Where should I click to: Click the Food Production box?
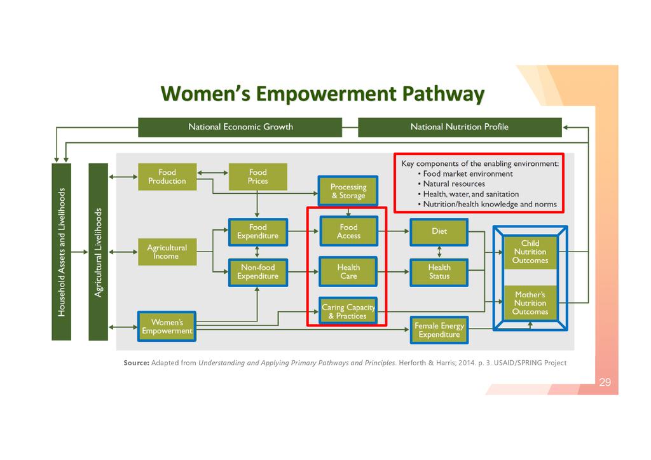pyautogui.click(x=167, y=176)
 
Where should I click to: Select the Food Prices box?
pyautogui.click(x=257, y=176)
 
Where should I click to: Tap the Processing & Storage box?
pyautogui.click(x=348, y=191)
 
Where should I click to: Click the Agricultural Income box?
pyautogui.click(x=167, y=252)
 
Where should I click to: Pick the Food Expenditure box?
pyautogui.click(x=257, y=231)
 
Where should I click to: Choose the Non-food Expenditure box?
pyautogui.click(x=257, y=272)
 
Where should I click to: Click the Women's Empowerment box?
pyautogui.click(x=167, y=327)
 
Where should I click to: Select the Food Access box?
pyautogui.click(x=348, y=231)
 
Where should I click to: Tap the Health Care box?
pyautogui.click(x=348, y=272)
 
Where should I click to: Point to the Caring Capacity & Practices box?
pyautogui.click(x=348, y=311)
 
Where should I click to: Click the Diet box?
pyautogui.click(x=439, y=231)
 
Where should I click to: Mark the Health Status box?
pyautogui.click(x=439, y=272)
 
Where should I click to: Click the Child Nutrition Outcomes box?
pyautogui.click(x=530, y=252)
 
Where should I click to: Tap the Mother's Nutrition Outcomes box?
pyautogui.click(x=530, y=303)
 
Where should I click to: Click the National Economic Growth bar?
pyautogui.click(x=240, y=127)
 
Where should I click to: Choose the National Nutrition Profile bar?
pyautogui.click(x=460, y=127)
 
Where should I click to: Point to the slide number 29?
pyautogui.click(x=605, y=382)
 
